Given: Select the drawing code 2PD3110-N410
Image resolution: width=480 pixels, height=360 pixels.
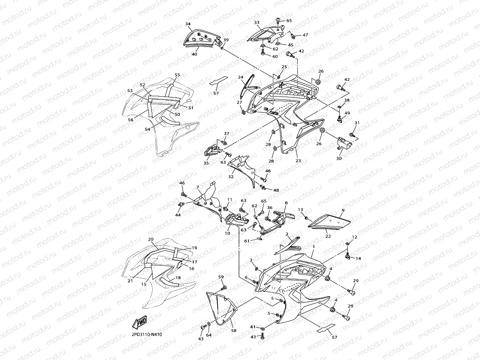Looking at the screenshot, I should (147, 335).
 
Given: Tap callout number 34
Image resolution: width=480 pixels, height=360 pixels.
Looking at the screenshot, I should (188, 24).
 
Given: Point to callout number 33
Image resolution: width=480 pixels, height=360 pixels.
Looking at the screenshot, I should (257, 22).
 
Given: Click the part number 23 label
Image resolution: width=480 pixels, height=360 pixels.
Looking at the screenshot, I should (298, 160).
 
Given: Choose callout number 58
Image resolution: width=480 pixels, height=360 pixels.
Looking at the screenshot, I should (233, 330).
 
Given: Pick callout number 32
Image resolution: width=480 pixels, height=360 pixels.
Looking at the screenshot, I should (231, 177).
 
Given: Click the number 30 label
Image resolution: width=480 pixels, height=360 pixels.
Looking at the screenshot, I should (339, 159).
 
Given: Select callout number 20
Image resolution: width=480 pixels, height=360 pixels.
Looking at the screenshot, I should (151, 239).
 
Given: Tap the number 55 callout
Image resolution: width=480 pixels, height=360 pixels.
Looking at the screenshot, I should (177, 75).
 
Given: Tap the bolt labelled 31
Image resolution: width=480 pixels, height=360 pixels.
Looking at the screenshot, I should (352, 136).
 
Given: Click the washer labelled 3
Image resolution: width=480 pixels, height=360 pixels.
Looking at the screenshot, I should (257, 269).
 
